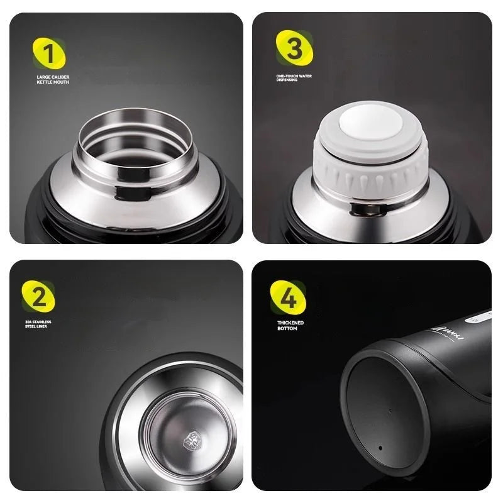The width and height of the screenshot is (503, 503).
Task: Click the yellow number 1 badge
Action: (x=49, y=53)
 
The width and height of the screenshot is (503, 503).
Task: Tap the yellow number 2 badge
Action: (x=39, y=297)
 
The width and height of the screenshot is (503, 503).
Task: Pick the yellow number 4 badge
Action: (x=288, y=297)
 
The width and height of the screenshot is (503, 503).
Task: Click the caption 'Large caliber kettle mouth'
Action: (x=53, y=80)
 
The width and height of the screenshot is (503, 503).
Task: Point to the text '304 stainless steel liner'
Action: (x=39, y=324)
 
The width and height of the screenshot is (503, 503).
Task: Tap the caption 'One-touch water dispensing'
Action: (x=294, y=77)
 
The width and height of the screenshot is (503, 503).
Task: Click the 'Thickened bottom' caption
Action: (x=290, y=325)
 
